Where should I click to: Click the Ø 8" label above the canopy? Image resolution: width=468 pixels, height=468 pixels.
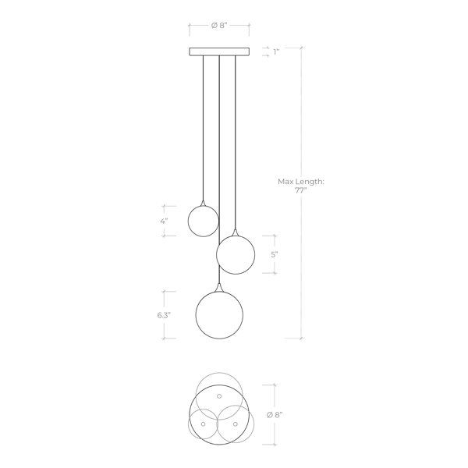pos(219,26)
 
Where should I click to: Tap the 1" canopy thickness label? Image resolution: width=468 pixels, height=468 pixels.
pos(276,52)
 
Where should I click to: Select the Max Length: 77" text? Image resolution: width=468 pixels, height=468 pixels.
pos(301,186)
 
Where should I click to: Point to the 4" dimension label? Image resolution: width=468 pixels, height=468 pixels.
pos(164,222)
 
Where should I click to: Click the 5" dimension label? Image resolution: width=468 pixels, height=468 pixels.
pos(275,254)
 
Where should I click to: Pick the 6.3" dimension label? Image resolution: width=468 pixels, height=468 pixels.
pos(164,315)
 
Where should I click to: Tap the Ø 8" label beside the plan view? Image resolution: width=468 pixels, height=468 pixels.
pos(275,415)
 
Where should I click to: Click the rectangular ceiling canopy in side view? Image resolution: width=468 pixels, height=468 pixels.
pos(219,51)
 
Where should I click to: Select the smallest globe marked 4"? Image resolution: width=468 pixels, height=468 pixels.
pos(204,222)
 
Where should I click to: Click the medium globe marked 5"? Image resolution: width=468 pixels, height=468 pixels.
pos(236,254)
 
